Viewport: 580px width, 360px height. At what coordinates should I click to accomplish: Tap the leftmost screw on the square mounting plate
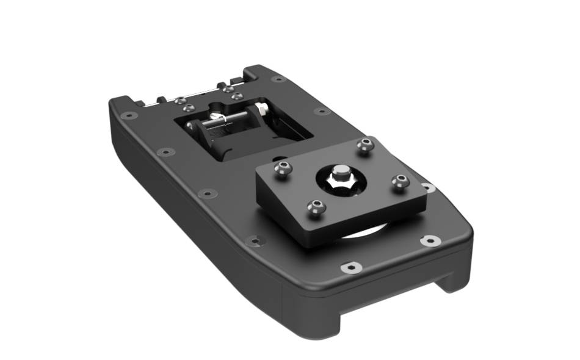(281, 169)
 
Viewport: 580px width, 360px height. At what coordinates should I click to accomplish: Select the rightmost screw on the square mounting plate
(400, 181)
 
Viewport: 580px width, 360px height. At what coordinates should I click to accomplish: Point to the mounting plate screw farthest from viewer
(365, 145)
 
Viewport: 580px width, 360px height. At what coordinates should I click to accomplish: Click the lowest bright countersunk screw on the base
(350, 267)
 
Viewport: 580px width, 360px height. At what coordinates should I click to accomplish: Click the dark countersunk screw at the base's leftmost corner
(129, 115)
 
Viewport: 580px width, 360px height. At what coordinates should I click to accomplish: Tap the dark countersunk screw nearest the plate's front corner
(255, 240)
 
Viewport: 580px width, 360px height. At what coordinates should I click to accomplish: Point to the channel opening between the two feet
(391, 299)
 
